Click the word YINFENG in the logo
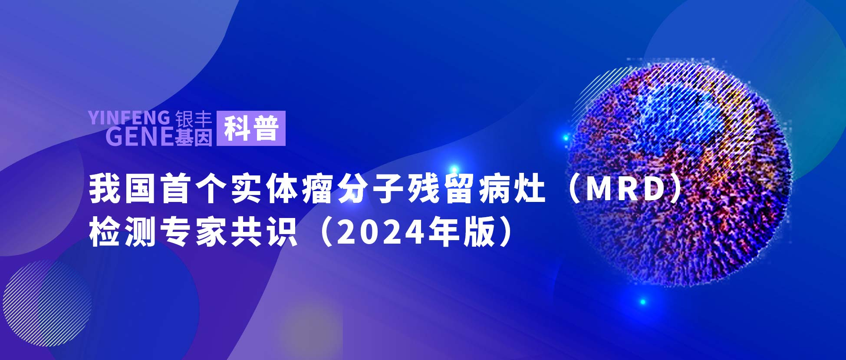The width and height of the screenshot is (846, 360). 129,118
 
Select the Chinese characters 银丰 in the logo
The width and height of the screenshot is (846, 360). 194,119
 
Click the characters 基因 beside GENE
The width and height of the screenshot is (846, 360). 194,137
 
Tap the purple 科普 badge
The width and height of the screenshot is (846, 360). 251,128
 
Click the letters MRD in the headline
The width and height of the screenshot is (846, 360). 625,189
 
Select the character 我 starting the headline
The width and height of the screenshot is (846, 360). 104,189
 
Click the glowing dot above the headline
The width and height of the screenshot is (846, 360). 454,170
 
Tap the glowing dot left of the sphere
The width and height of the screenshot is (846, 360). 566,138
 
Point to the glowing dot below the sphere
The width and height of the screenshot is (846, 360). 643,302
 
